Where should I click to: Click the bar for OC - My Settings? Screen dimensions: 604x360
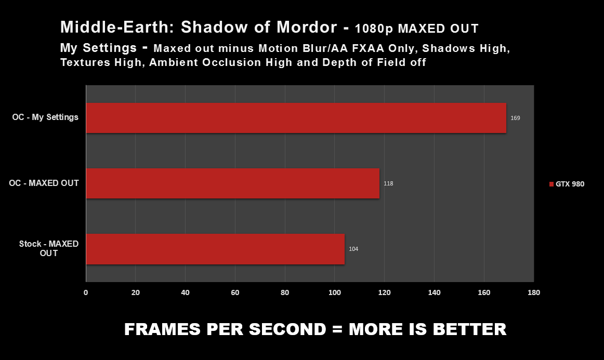point(296,118)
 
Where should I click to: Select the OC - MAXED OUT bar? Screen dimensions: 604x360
point(233,183)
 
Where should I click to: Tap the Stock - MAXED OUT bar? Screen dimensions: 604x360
point(215,249)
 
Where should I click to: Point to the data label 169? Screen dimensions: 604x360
point(515,118)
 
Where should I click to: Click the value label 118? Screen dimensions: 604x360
point(388,184)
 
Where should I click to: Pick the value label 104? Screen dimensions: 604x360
point(353,249)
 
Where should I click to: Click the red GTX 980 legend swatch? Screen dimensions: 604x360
point(551,184)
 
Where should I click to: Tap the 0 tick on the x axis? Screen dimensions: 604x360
point(86,292)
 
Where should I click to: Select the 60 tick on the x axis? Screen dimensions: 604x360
point(235,292)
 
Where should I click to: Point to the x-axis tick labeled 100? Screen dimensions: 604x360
point(334,292)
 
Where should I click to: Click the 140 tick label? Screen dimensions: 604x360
point(434,292)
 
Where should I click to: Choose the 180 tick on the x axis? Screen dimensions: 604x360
point(533,292)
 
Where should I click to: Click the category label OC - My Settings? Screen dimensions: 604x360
point(45,117)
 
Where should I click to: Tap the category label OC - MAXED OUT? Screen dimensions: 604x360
point(44,183)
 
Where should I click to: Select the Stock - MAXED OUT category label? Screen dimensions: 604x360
point(49,248)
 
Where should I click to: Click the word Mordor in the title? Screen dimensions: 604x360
point(307,27)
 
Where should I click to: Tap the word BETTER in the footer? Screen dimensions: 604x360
point(469,329)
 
